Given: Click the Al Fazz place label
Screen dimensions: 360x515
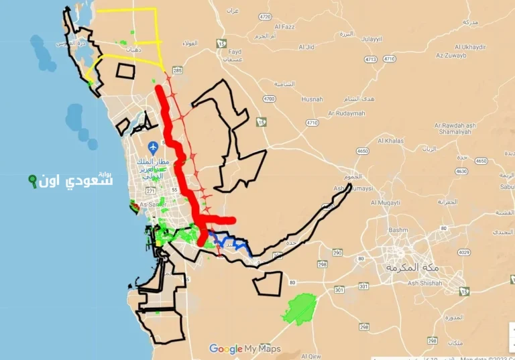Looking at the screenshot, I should pyautogui.click(x=284, y=27).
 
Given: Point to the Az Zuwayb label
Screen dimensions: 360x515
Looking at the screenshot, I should pyautogui.click(x=451, y=55).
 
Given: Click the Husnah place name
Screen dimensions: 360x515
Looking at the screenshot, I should pyautogui.click(x=312, y=99).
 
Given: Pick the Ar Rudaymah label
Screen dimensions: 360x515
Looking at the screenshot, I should pyautogui.click(x=347, y=113).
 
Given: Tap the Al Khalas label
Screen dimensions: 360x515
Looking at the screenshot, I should pyautogui.click(x=390, y=141).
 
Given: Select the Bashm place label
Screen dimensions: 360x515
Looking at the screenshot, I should pyautogui.click(x=398, y=229).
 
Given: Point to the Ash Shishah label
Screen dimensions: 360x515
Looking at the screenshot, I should pyautogui.click(x=421, y=283).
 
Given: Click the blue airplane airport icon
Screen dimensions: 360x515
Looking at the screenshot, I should pyautogui.click(x=154, y=145).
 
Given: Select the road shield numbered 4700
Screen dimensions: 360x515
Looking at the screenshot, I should pyautogui.click(x=269, y=99).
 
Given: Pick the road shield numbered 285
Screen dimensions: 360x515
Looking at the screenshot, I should pyautogui.click(x=177, y=70).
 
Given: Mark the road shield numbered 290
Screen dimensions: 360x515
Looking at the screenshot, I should pyautogui.click(x=337, y=253).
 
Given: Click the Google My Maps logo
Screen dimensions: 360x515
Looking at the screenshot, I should pyautogui.click(x=245, y=349).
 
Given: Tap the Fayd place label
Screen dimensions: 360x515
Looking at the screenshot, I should pyautogui.click(x=235, y=52).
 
